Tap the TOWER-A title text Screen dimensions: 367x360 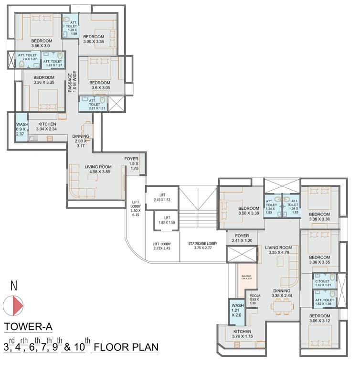[28, 327]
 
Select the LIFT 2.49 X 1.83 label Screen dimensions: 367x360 [162, 197]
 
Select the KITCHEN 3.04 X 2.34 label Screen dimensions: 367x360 [47, 126]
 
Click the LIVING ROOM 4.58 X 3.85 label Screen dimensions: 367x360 [97, 169]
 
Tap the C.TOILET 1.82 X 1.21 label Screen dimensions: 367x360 [324, 283]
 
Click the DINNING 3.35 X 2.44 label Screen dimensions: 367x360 [281, 293]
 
